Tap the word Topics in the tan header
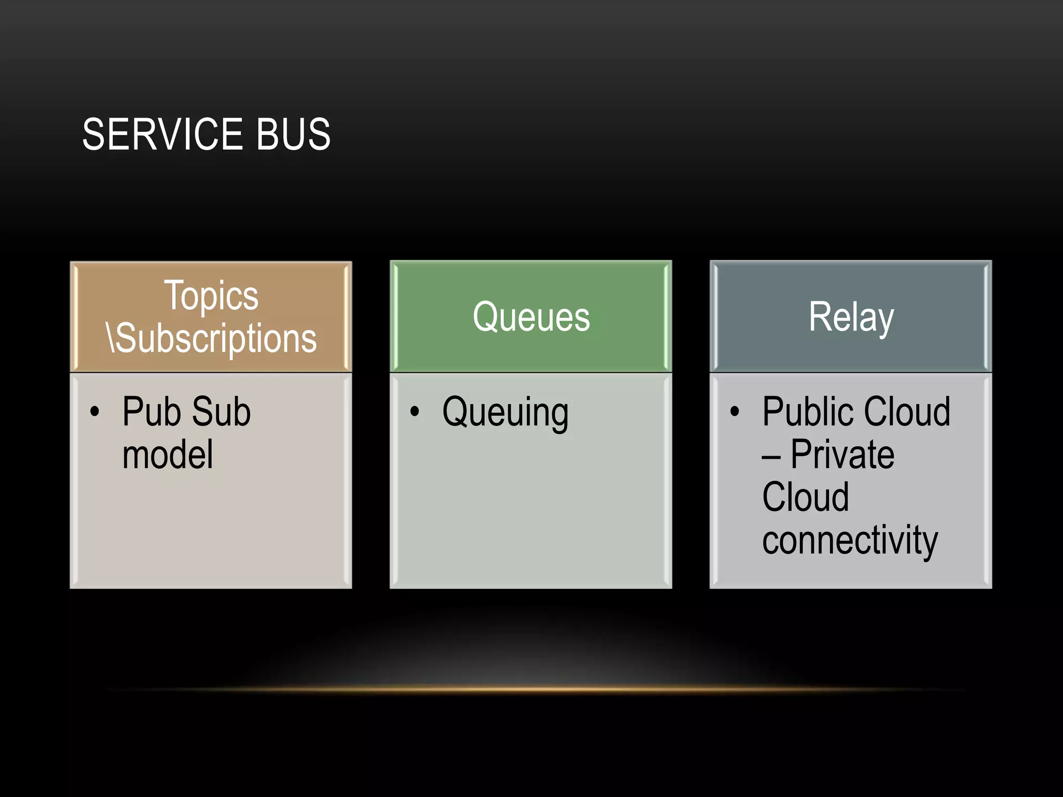click(x=211, y=295)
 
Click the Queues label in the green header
click(x=531, y=317)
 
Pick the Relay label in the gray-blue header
click(x=851, y=317)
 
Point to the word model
click(x=168, y=455)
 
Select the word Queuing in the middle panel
click(x=505, y=413)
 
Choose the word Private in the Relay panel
click(x=842, y=455)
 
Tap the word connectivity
click(x=850, y=540)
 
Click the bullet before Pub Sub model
click(x=94, y=412)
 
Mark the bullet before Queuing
click(x=414, y=412)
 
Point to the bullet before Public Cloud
click(x=734, y=412)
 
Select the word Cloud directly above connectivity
click(x=806, y=497)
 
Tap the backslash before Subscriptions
click(x=111, y=338)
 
